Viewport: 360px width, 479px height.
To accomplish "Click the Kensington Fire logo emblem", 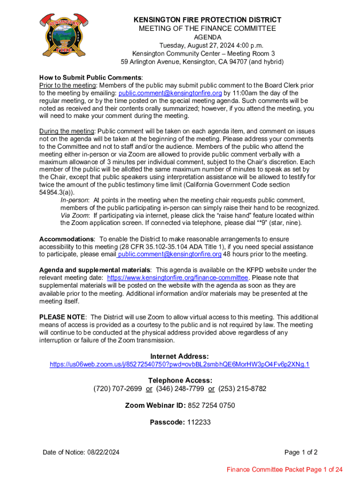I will (60, 33).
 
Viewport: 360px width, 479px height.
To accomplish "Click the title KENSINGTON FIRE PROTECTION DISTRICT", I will (208, 20).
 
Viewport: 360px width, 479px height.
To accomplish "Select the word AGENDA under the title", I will (208, 37).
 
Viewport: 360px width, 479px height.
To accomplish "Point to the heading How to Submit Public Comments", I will (90, 77).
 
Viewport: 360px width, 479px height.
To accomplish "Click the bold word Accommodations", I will (67, 239).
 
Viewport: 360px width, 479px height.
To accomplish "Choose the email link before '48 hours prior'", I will (170, 254).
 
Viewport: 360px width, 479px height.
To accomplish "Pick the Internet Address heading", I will (180, 356).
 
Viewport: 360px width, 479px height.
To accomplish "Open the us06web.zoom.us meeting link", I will (180, 364).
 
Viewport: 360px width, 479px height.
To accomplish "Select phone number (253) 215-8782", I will (242, 389).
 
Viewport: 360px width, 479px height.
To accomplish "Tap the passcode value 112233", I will (199, 422).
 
